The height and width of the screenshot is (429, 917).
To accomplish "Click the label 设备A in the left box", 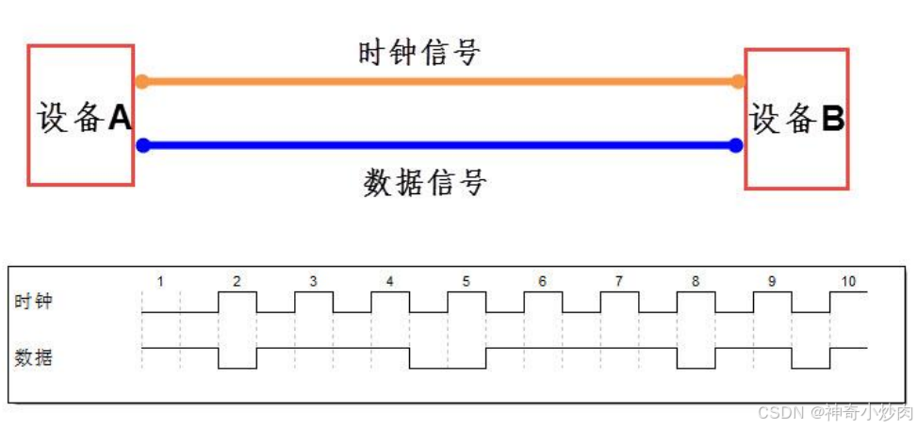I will click(x=83, y=117).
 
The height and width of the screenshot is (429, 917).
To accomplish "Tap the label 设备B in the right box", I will click(x=797, y=119).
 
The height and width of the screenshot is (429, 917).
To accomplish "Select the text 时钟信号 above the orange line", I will click(x=419, y=53).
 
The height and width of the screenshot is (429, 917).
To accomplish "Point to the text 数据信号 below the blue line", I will click(x=424, y=181).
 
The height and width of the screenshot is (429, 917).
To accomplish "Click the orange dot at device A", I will click(x=142, y=81).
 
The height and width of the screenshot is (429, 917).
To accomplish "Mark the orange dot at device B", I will click(x=737, y=81).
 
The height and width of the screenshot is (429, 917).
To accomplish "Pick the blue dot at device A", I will click(x=142, y=145).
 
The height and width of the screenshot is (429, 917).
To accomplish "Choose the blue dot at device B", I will click(x=736, y=145).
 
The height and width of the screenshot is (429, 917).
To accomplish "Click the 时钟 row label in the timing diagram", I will click(x=34, y=302).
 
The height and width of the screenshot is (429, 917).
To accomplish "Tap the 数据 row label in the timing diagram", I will click(x=34, y=358).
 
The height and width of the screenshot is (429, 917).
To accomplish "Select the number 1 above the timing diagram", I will click(x=160, y=281).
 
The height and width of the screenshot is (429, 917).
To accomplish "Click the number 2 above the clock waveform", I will click(x=237, y=281).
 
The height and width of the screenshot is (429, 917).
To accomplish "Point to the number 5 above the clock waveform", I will click(x=466, y=281).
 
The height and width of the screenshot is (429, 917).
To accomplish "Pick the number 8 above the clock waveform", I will click(x=696, y=281).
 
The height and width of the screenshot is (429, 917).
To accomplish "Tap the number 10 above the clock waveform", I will click(x=848, y=281).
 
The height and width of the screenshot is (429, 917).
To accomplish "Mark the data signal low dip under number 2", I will click(x=237, y=360).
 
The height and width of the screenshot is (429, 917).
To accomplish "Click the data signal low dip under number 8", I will click(x=696, y=360).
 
